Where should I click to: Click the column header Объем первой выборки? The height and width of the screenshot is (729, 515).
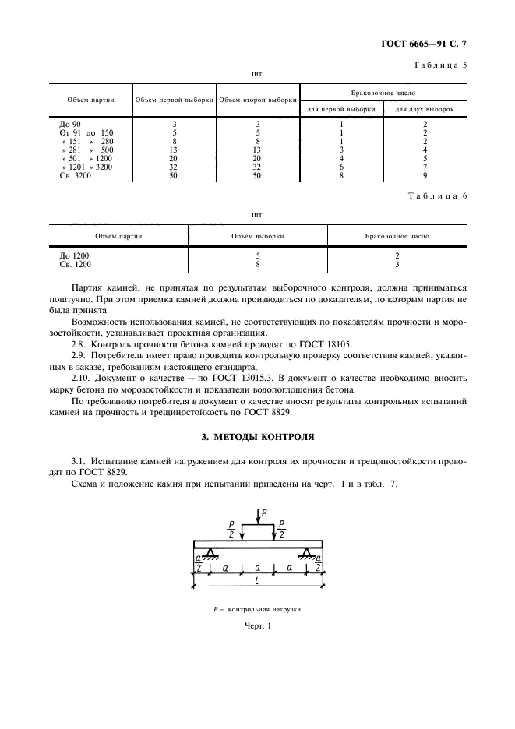click(175, 101)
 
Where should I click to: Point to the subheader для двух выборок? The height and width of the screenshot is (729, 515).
click(425, 109)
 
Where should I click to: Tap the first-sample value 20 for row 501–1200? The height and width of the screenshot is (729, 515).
click(175, 160)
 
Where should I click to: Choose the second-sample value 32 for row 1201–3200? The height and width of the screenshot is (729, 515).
click(257, 168)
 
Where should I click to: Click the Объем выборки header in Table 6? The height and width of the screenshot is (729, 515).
click(257, 234)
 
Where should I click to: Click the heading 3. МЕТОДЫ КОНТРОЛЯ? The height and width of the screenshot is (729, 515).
click(257, 437)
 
